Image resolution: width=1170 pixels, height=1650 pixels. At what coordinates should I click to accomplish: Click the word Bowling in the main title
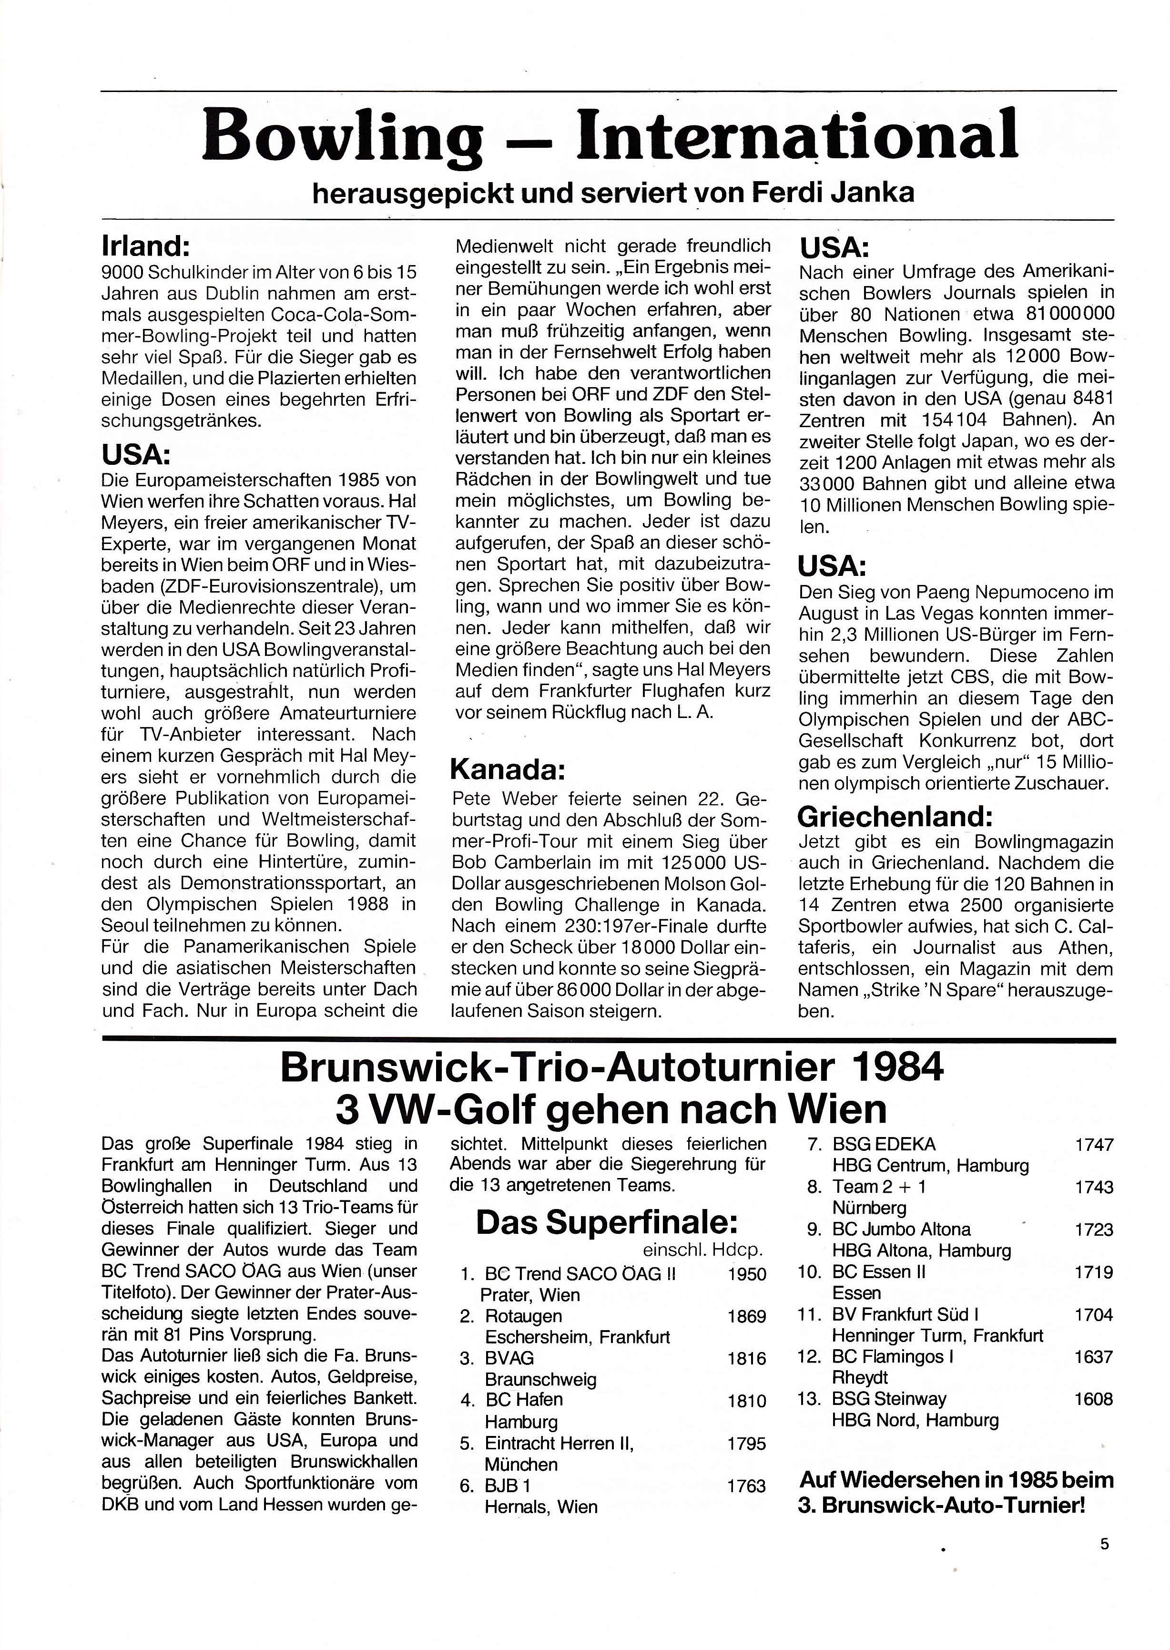coord(342,135)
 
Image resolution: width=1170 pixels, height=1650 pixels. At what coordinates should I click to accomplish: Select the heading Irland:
coord(145,247)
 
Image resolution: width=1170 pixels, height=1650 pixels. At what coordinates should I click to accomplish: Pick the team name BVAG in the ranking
coord(509,1358)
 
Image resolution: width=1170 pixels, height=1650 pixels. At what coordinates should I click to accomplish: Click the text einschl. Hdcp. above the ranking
coord(697,1250)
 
